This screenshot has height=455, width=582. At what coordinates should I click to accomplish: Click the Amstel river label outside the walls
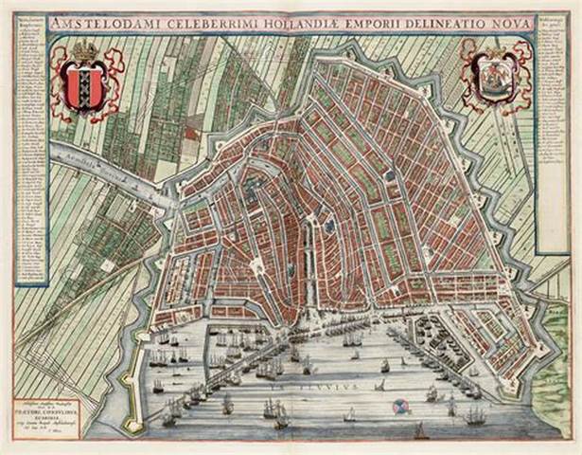(x=95, y=167)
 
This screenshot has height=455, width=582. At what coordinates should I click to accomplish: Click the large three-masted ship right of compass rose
(x=473, y=414)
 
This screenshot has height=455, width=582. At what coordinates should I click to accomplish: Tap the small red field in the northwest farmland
(x=191, y=134)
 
